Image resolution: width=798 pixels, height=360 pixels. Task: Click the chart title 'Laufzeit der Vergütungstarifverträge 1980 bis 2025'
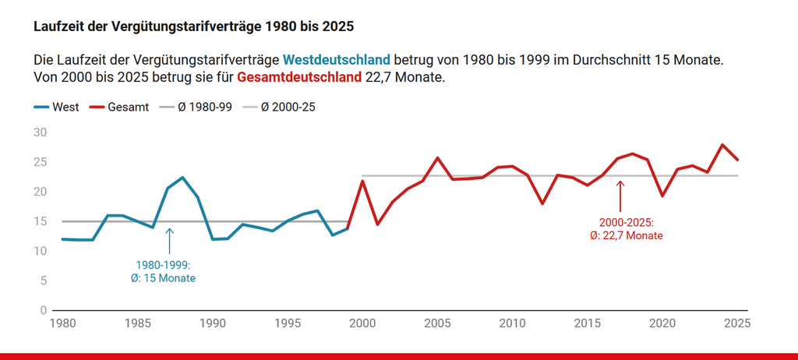(194, 26)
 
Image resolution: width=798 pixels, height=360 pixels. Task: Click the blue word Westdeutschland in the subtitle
(336, 60)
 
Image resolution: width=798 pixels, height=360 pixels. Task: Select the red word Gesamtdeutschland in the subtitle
(299, 78)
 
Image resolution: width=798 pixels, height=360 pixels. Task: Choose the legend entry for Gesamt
(121, 108)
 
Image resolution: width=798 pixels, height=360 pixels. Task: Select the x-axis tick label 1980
(62, 323)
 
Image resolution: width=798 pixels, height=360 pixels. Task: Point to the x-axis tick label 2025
(736, 323)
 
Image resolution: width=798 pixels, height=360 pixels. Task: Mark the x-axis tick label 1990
(213, 323)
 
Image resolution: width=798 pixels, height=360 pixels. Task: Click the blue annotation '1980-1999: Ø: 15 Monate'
(163, 272)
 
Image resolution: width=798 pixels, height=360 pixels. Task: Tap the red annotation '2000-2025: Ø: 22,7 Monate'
(626, 228)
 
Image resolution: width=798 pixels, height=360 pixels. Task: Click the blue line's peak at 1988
(182, 178)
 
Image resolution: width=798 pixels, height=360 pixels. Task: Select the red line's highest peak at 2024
(722, 145)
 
